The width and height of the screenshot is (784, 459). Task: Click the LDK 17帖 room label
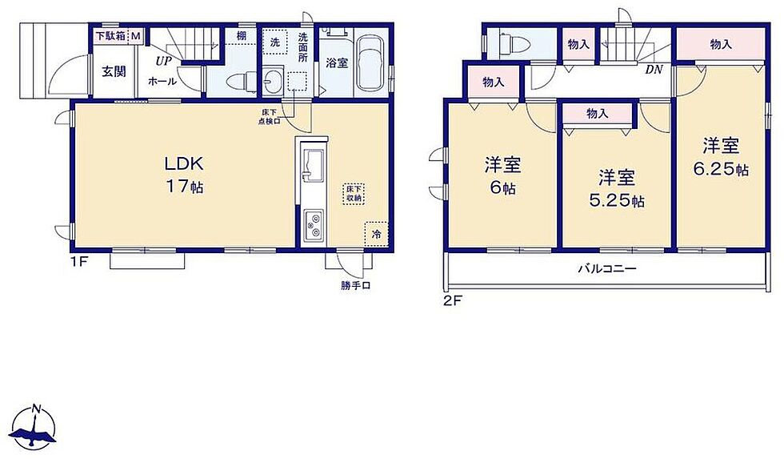(x=184, y=175)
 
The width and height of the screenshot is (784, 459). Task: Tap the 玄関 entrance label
(x=114, y=71)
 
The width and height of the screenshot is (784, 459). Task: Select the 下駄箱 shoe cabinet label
(x=111, y=36)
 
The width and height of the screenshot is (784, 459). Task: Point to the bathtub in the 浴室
(x=371, y=63)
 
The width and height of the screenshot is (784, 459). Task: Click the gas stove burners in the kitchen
(x=314, y=224)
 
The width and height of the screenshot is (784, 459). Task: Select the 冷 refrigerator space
(x=377, y=234)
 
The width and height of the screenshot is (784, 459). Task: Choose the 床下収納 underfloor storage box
(x=354, y=194)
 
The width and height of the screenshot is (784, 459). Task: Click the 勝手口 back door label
(x=355, y=286)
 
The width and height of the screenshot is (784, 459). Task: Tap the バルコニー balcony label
(x=607, y=269)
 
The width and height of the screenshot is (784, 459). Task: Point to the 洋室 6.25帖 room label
(x=721, y=157)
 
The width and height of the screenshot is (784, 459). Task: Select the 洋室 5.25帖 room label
(x=617, y=189)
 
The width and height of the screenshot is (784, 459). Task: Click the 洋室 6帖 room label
(x=502, y=176)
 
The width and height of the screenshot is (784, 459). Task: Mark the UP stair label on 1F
(x=163, y=62)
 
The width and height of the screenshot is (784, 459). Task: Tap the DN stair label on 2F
(x=654, y=70)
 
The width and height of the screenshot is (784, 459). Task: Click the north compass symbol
(x=34, y=427)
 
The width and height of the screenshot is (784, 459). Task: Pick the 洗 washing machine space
(x=275, y=42)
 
